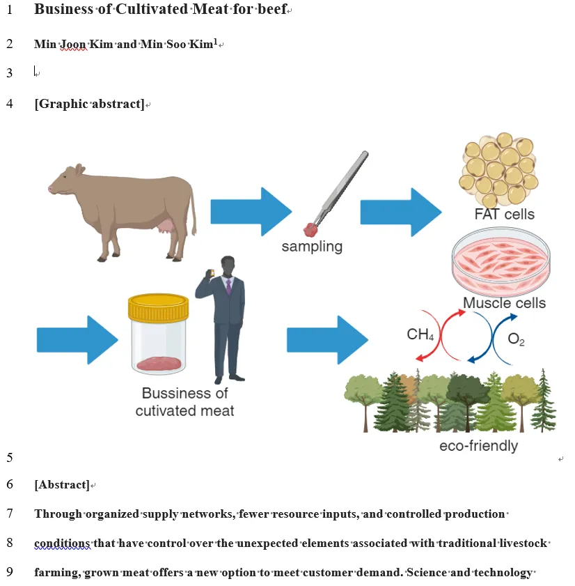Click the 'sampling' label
point(312,246)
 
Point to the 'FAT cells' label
point(504,214)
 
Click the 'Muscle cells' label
point(504,302)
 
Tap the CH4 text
point(420,335)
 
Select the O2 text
point(516,340)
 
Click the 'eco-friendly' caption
point(478,445)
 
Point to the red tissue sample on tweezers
point(310,229)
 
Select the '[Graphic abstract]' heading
point(89,105)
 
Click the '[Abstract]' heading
point(62,485)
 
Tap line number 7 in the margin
point(10,514)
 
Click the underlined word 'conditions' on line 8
point(62,543)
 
